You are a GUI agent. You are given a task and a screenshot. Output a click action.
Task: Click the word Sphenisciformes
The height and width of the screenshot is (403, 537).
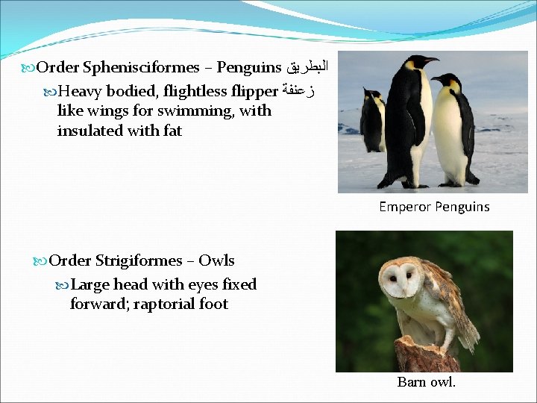point(141,68)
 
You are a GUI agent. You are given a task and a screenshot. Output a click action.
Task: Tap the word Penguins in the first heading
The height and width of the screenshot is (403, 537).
point(248,68)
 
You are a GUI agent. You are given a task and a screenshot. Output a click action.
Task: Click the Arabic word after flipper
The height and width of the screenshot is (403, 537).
point(298,92)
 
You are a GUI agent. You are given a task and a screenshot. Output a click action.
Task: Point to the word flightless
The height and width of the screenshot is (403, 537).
point(197,92)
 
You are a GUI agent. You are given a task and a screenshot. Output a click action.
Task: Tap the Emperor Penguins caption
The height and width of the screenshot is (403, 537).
point(434,207)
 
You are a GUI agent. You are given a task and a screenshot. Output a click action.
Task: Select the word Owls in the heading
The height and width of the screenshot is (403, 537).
point(216,260)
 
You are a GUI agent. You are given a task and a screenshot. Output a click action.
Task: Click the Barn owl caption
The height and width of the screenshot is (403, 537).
point(426,382)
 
